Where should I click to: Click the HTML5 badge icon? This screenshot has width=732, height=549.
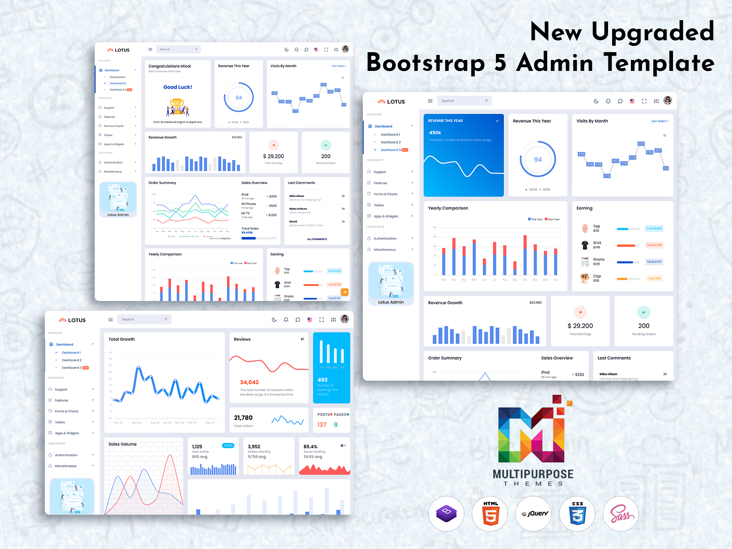pyautogui.click(x=490, y=514)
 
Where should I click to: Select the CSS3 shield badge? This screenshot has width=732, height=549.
pyautogui.click(x=577, y=514)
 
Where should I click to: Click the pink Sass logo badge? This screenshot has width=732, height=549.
pyautogui.click(x=621, y=514)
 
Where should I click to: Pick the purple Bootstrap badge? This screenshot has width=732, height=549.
pyautogui.click(x=447, y=514)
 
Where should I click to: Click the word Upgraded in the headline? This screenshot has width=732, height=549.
pyautogui.click(x=653, y=32)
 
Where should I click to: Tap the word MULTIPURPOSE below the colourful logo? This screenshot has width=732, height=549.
pyautogui.click(x=533, y=474)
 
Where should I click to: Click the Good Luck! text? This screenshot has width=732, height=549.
pyautogui.click(x=178, y=87)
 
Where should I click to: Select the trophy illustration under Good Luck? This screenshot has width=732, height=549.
pyautogui.click(x=178, y=108)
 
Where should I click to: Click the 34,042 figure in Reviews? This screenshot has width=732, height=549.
pyautogui.click(x=249, y=382)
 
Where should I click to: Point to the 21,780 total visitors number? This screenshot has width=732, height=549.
pyautogui.click(x=243, y=418)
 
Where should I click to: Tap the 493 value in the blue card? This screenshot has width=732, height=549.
pyautogui.click(x=323, y=380)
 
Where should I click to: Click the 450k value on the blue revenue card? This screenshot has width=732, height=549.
pyautogui.click(x=435, y=133)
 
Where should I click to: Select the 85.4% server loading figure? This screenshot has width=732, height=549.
pyautogui.click(x=310, y=447)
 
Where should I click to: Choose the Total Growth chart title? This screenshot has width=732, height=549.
pyautogui.click(x=122, y=339)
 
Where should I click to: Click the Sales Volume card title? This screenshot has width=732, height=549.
pyautogui.click(x=123, y=444)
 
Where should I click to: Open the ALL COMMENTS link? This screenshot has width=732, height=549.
pyautogui.click(x=317, y=239)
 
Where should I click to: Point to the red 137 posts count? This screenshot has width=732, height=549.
pyautogui.click(x=322, y=425)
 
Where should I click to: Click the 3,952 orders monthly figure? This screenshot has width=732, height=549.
pyautogui.click(x=254, y=447)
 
